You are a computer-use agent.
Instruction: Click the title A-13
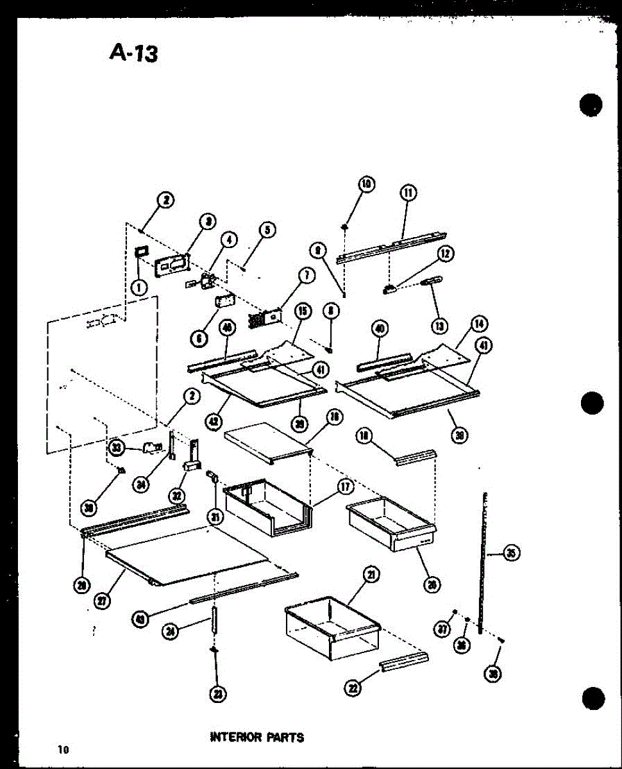(x=133, y=53)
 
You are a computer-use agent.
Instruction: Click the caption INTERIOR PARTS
(x=256, y=737)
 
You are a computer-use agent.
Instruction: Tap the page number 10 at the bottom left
(x=62, y=749)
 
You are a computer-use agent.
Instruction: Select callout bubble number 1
(x=138, y=288)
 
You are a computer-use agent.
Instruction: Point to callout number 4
(x=229, y=240)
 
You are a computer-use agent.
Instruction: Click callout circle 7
(x=306, y=276)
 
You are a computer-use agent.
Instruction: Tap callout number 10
(x=367, y=185)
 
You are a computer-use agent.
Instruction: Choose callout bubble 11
(x=408, y=192)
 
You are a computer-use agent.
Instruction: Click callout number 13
(x=439, y=326)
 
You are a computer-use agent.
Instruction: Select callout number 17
(x=345, y=487)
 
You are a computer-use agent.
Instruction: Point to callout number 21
(x=371, y=575)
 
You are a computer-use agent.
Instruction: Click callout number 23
(x=218, y=694)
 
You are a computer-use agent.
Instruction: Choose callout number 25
(x=511, y=553)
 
